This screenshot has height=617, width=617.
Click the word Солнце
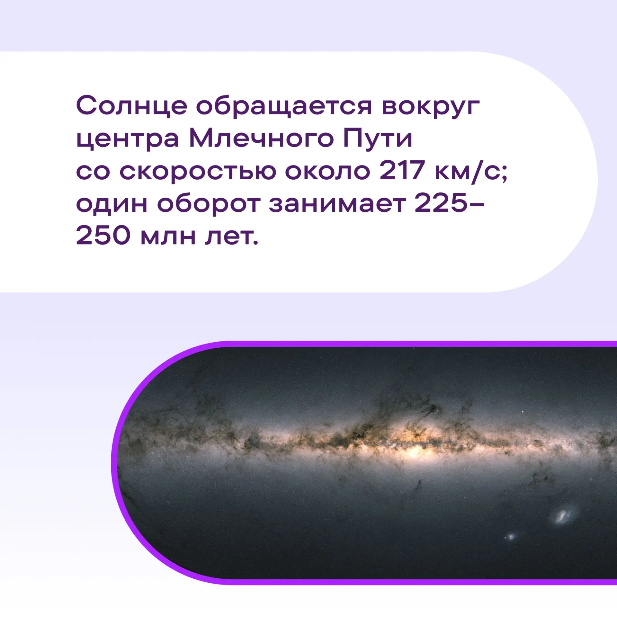pyautogui.click(x=132, y=106)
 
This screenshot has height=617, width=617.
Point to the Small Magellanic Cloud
pyautogui.click(x=510, y=536)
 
